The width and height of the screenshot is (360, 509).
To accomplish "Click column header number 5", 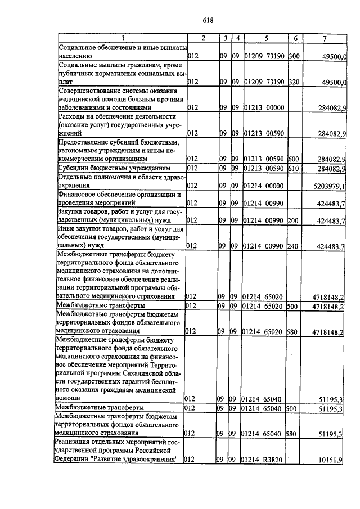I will [266, 38].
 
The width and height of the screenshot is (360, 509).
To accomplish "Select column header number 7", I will [325, 38].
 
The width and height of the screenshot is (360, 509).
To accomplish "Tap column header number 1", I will [122, 38].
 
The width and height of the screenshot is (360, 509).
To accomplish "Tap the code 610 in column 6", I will [294, 168].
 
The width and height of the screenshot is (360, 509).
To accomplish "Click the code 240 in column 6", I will [294, 246].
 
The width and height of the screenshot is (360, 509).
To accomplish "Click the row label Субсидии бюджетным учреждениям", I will [114, 168].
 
